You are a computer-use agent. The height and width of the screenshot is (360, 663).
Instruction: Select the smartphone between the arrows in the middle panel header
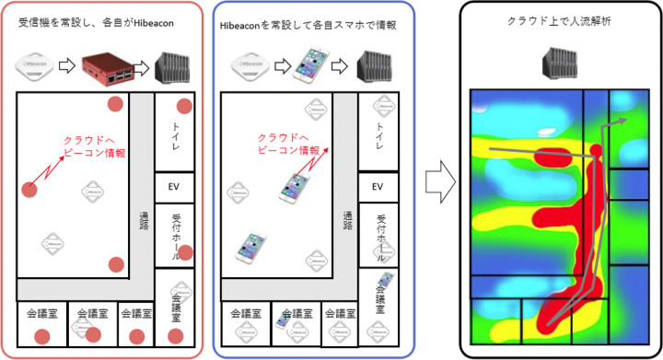point(306,66)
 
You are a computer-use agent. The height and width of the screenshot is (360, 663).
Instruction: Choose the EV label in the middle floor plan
point(378,186)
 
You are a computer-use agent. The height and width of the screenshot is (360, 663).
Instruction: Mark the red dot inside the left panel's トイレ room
point(183,106)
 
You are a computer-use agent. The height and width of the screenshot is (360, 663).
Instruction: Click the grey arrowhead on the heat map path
point(622,120)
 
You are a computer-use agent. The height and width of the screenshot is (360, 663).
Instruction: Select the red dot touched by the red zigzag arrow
point(30,190)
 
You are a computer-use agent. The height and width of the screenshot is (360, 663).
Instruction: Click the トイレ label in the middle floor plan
point(377,135)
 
